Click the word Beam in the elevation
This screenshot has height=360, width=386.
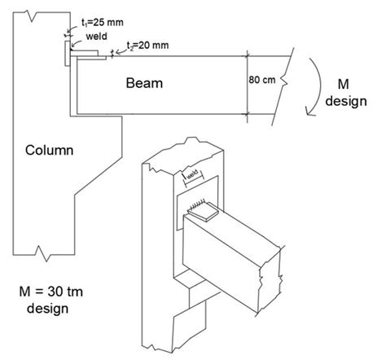coord(143,82)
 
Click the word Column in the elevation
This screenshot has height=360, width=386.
coord(50,151)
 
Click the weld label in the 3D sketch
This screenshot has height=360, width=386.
coord(193,173)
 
